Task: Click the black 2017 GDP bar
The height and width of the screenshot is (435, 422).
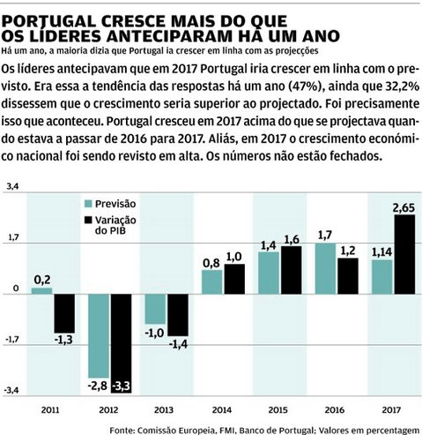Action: [404, 254]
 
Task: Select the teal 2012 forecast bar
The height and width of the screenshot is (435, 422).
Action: [99, 336]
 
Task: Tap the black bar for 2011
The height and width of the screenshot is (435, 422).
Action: [64, 313]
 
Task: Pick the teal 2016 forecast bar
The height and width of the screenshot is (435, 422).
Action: [325, 268]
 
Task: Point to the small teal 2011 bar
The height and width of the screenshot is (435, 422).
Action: [41, 291]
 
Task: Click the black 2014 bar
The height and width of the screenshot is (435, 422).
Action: [234, 279]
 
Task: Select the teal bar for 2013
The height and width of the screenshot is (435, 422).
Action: [155, 309]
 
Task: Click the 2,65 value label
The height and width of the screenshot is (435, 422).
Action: [403, 208]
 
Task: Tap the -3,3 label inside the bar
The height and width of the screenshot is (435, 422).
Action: [122, 386]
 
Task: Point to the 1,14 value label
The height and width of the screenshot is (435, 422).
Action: [381, 252]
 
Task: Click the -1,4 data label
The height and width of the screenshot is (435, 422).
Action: [179, 344]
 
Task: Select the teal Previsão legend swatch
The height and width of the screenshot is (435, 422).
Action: [88, 204]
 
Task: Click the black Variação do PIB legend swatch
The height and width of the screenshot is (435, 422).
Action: [88, 221]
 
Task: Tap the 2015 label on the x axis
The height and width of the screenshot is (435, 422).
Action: [278, 409]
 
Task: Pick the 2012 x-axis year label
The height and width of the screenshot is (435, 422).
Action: [108, 409]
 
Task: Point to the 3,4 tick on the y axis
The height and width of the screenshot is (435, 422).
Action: [12, 186]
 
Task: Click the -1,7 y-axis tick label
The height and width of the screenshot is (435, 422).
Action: [11, 340]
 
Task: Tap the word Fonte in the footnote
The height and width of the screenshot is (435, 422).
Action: [122, 431]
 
